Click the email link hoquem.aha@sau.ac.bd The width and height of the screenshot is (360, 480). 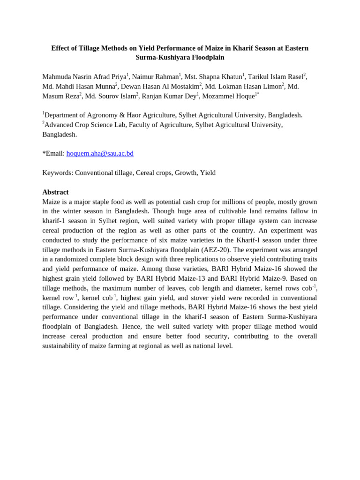point(100,153)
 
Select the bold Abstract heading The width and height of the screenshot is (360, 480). point(55,192)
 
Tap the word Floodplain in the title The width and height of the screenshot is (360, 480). point(205,58)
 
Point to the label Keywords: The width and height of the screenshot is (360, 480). point(58,172)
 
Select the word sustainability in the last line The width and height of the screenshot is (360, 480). point(63,346)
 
